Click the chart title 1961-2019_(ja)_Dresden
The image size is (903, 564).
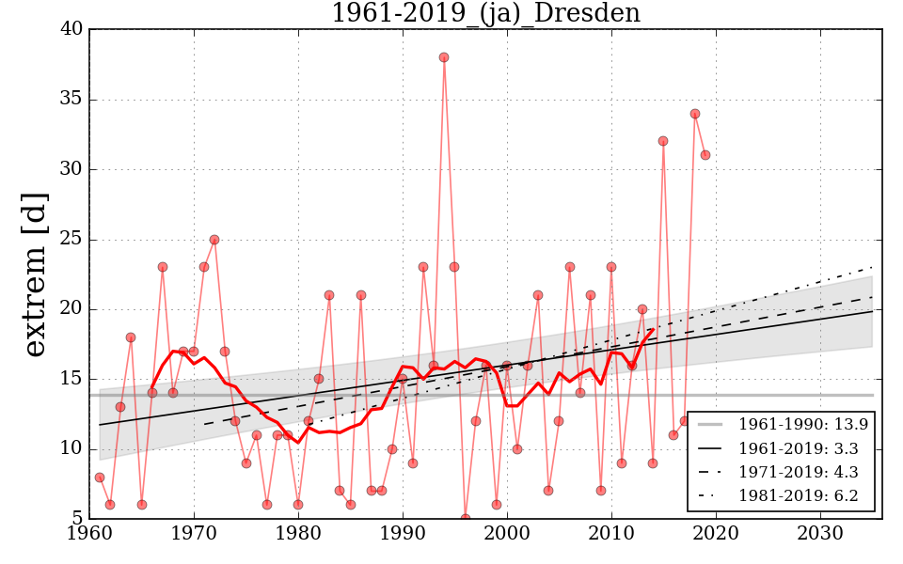tap(485, 14)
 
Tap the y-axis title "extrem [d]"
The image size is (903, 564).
tap(35, 274)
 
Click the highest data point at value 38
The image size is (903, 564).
tap(444, 57)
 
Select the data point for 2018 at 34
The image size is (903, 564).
tap(695, 114)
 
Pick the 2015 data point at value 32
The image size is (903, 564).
tap(663, 141)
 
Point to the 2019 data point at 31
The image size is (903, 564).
tap(705, 155)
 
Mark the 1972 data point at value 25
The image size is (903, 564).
tap(214, 240)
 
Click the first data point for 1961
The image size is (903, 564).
tap(100, 478)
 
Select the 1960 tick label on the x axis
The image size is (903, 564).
tap(90, 532)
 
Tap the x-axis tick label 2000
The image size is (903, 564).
tap(508, 532)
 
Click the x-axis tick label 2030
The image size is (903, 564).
tap(820, 532)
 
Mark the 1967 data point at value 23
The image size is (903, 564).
tap(163, 267)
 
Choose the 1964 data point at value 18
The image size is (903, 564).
tap(131, 337)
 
